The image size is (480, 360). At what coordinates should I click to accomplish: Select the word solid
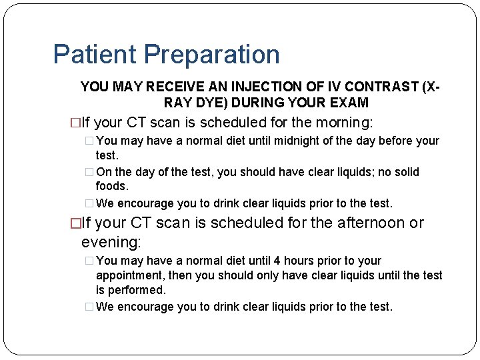[x=405, y=172]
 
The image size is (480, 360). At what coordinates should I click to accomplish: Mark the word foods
[x=112, y=187]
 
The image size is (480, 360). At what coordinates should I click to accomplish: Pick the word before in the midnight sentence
[x=395, y=141]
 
